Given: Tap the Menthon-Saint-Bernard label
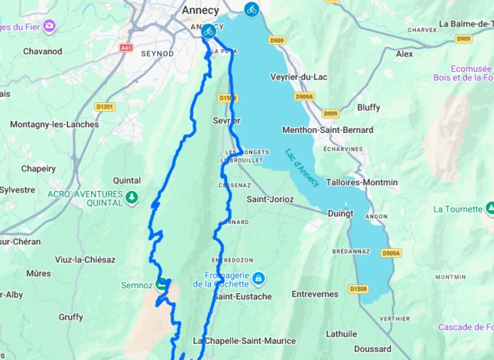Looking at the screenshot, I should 328,130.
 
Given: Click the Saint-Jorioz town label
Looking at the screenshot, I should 271,199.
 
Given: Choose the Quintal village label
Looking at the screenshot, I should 126,180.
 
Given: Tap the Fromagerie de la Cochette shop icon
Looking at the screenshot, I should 259,278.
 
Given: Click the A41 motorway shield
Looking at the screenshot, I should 125,47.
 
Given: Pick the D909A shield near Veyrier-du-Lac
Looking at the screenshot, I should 304,96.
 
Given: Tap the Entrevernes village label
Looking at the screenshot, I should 315,294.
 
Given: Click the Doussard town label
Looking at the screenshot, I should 372,349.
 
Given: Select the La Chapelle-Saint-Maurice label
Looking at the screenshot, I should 244,341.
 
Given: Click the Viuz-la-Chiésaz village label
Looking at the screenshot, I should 85,259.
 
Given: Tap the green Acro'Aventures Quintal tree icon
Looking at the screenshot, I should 132,197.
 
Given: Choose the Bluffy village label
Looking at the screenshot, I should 368,107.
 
